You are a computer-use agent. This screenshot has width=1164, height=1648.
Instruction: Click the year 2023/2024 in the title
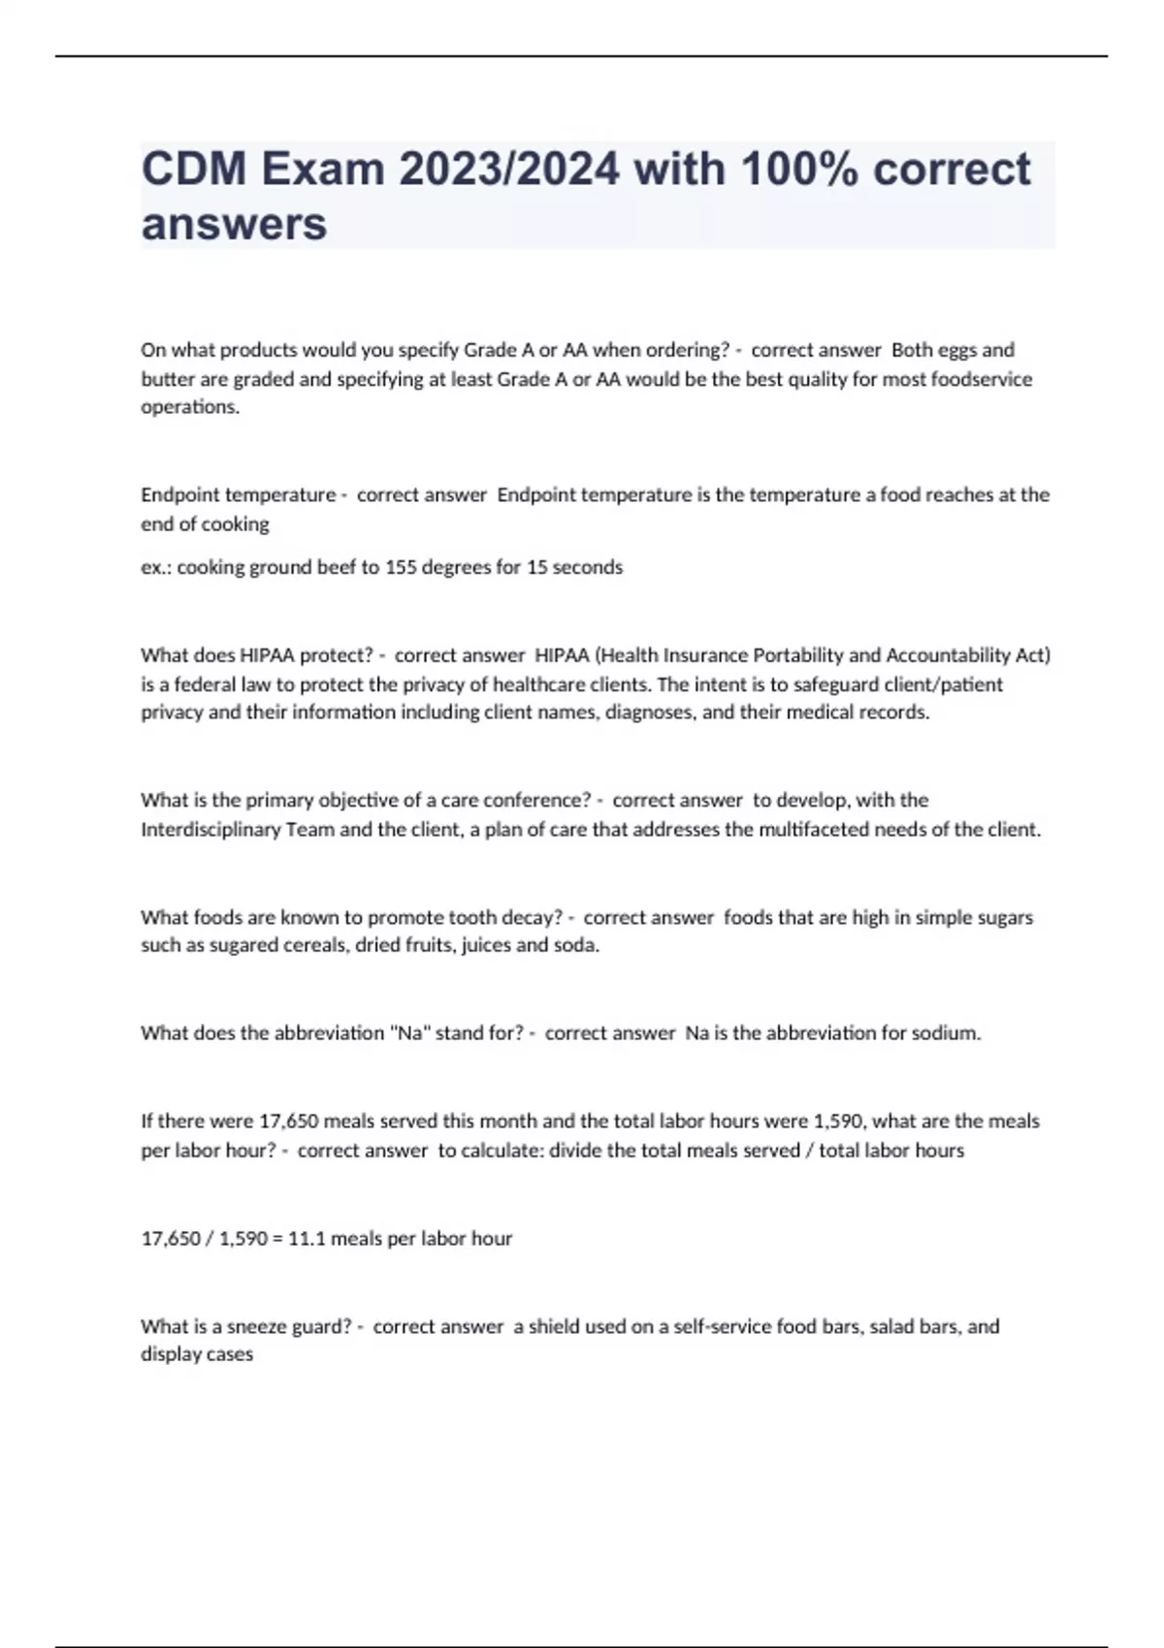click(x=508, y=169)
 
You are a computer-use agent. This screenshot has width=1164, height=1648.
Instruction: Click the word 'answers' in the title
click(x=234, y=224)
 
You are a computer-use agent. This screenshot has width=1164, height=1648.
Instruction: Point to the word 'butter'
click(x=168, y=379)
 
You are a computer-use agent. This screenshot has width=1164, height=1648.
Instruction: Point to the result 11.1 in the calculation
click(x=307, y=1239)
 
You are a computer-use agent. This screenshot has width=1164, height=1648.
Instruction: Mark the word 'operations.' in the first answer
click(x=190, y=407)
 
